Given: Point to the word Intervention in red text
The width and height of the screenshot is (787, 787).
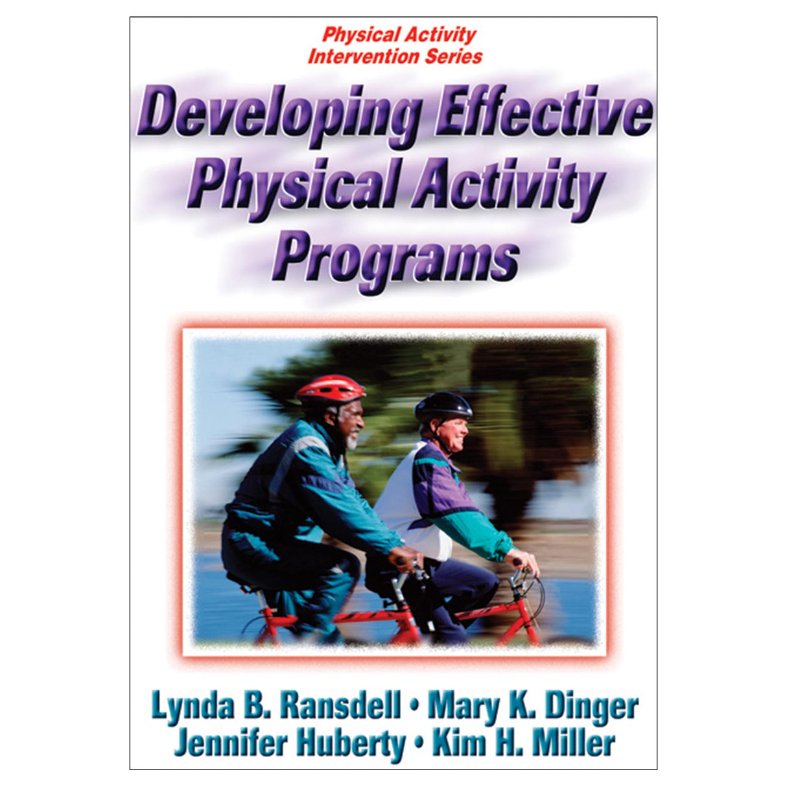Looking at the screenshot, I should tap(364, 56).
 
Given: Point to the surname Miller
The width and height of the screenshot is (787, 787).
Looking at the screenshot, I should tap(576, 742).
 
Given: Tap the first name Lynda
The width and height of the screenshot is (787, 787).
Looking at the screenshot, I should tap(193, 706).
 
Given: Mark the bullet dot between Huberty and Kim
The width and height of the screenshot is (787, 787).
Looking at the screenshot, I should tap(419, 744).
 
